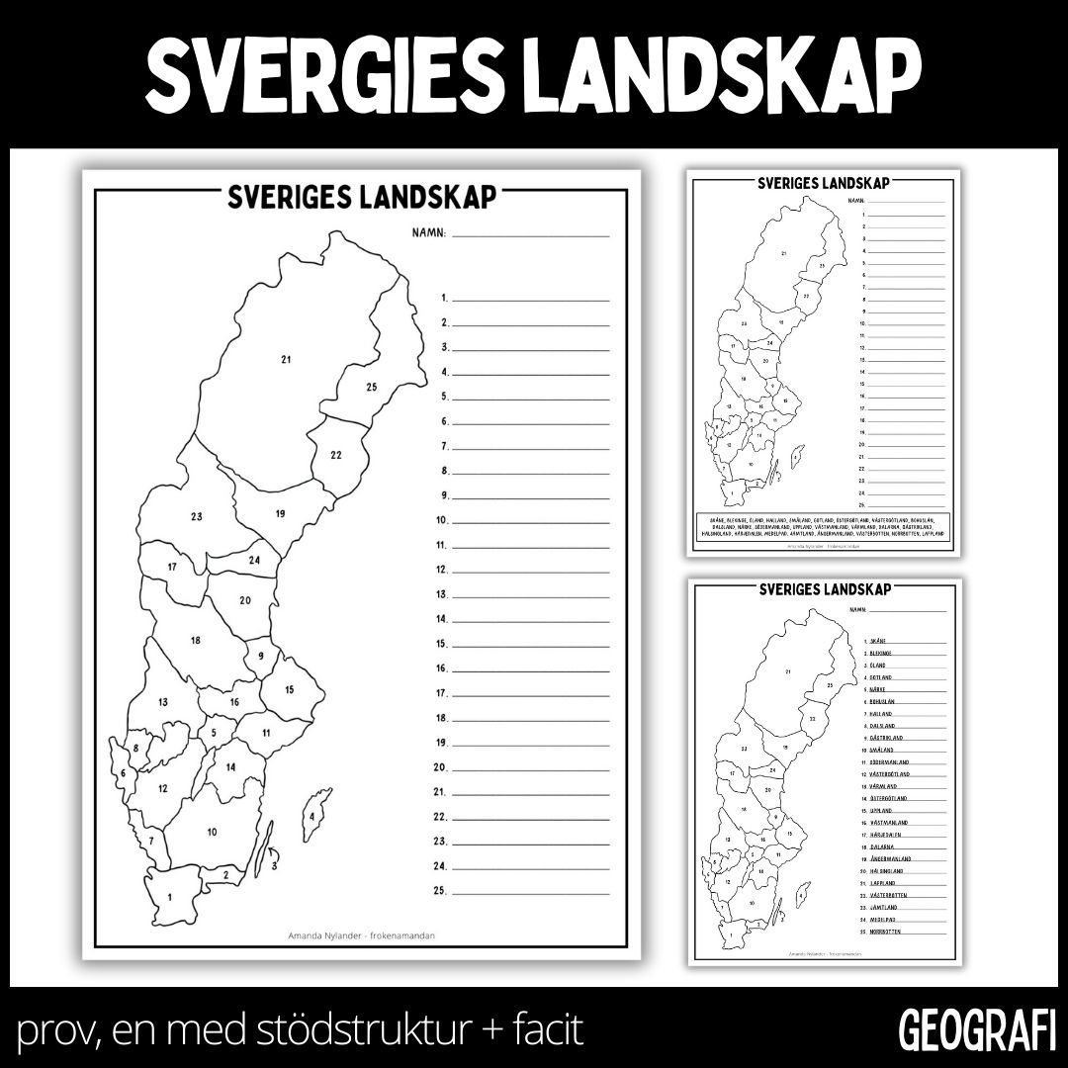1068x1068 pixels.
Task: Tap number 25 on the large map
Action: [371, 387]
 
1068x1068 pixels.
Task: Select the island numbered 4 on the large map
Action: [312, 817]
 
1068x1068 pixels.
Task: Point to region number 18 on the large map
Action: [196, 640]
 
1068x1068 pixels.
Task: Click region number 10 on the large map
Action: [212, 832]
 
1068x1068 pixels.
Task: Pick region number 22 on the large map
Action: [336, 455]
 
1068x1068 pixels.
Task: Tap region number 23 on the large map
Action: [196, 516]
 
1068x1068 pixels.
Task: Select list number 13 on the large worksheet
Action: [444, 594]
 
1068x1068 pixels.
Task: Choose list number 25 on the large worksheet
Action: [444, 891]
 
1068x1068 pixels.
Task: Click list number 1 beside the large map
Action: [446, 298]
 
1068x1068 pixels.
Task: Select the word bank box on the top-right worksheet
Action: [821, 525]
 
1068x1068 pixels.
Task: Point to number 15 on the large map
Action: [291, 689]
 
